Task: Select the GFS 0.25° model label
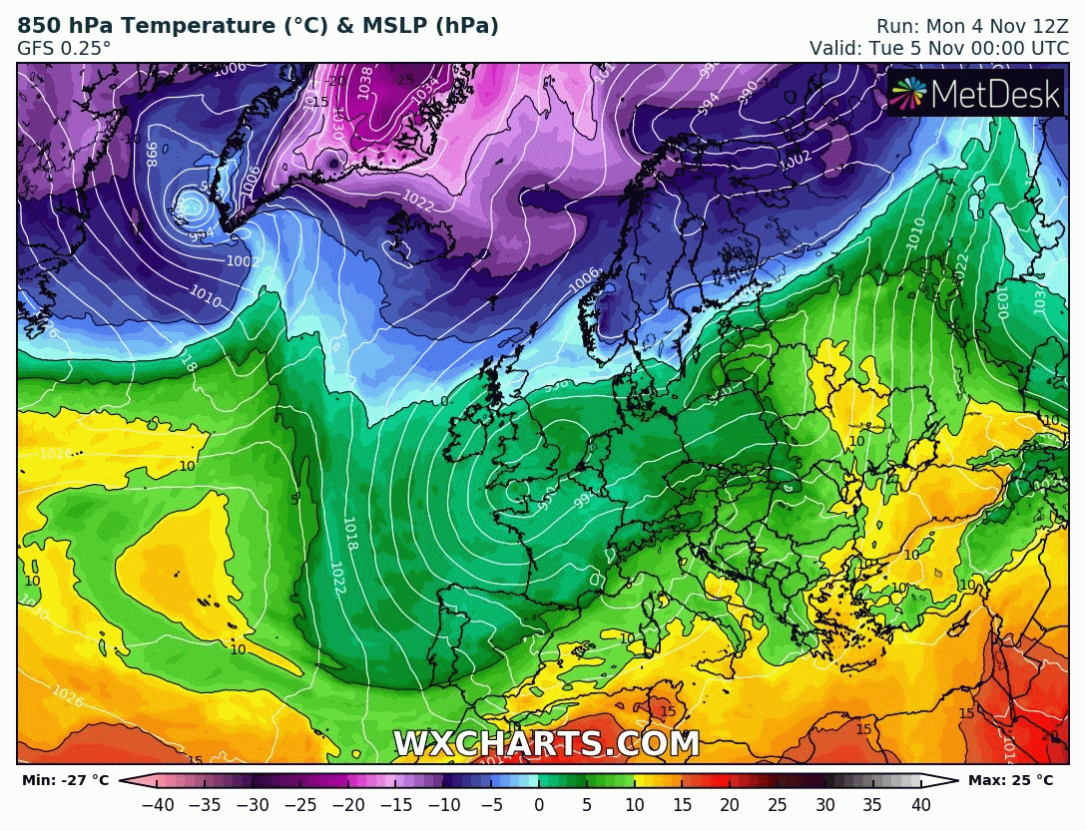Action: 64,48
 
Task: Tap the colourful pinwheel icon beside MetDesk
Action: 908,94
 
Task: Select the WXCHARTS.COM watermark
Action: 546,744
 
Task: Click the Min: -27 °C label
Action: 64,780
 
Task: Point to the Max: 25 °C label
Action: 1010,780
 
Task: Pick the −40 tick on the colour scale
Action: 157,805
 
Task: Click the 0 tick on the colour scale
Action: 539,805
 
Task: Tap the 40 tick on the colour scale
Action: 920,805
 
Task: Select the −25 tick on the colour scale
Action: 300,805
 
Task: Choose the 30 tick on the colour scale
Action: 825,805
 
